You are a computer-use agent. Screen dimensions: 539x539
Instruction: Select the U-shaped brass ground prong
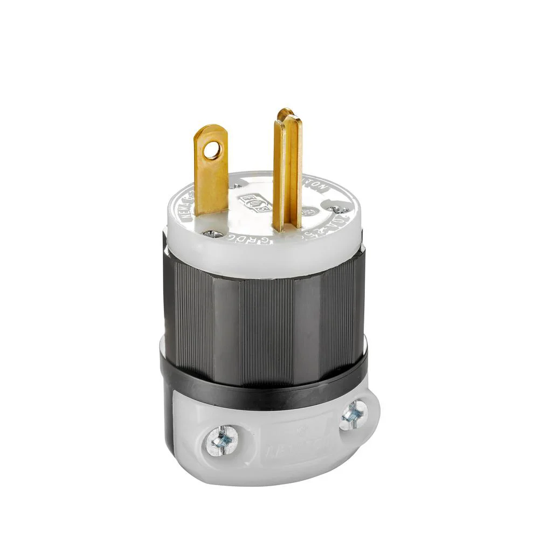[x=287, y=172]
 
